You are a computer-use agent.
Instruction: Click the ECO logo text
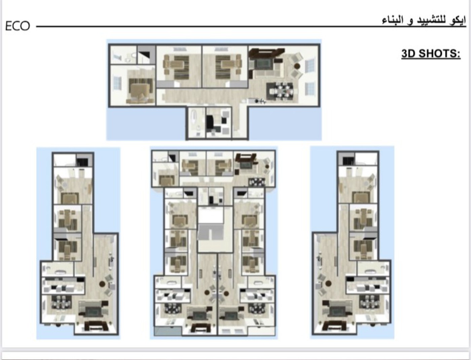17,26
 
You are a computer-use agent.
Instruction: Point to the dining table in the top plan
279,91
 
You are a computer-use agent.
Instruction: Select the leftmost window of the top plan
117,83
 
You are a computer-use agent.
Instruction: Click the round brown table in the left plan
103,284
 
